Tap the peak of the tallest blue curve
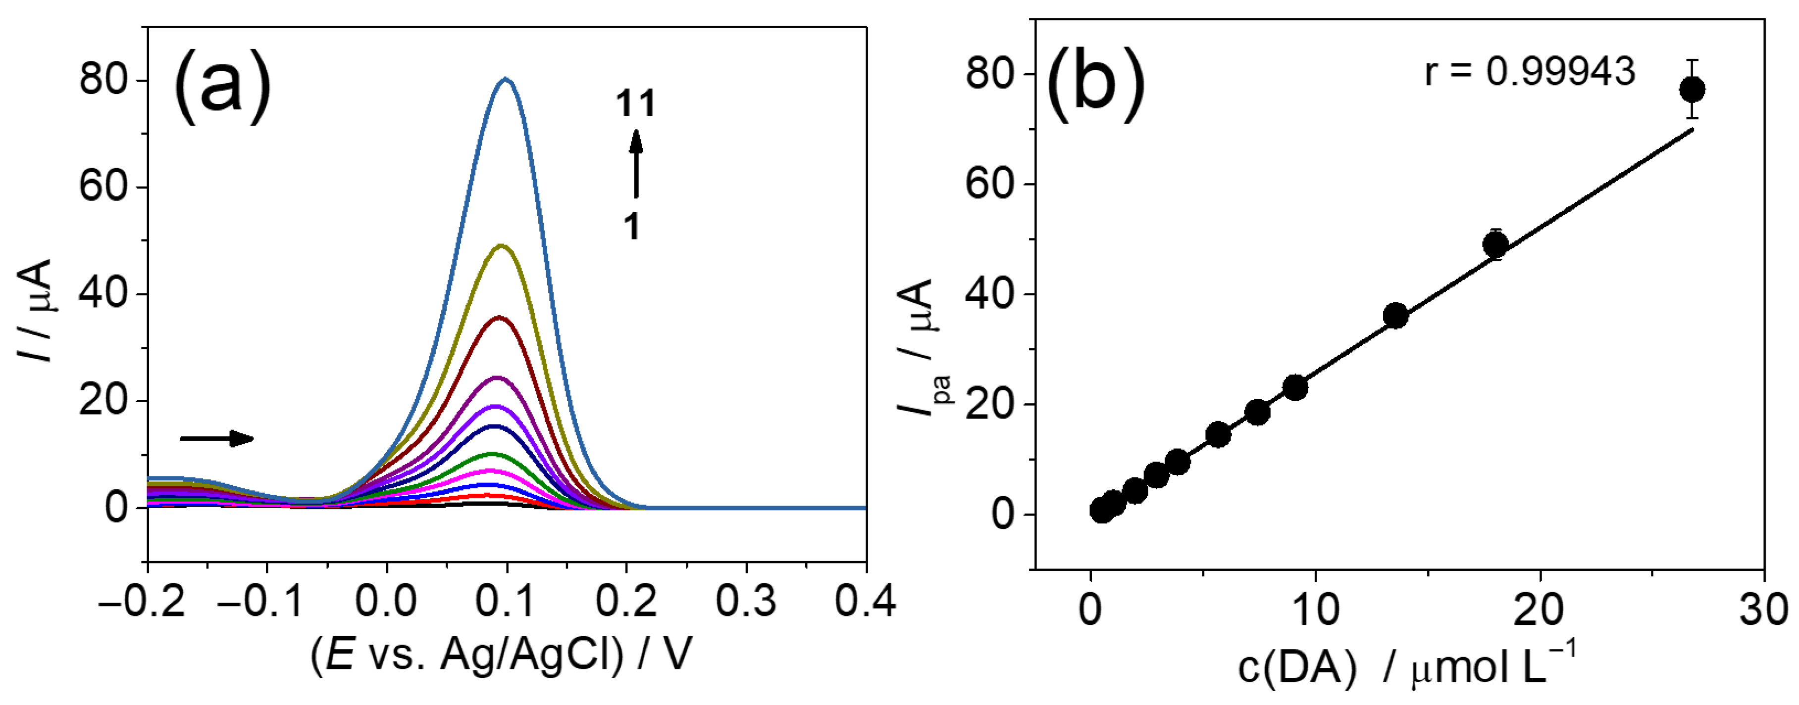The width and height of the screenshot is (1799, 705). pyautogui.click(x=506, y=80)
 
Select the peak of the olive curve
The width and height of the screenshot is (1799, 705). pyautogui.click(x=500, y=246)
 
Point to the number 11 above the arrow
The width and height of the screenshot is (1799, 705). pyautogui.click(x=635, y=103)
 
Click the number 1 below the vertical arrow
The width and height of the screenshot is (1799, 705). pyautogui.click(x=632, y=226)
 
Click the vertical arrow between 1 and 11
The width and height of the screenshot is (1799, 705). pyautogui.click(x=635, y=164)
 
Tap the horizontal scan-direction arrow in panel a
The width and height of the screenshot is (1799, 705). pyautogui.click(x=216, y=438)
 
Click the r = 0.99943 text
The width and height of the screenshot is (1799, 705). pyautogui.click(x=1530, y=71)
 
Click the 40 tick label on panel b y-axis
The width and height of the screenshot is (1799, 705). pyautogui.click(x=989, y=294)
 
